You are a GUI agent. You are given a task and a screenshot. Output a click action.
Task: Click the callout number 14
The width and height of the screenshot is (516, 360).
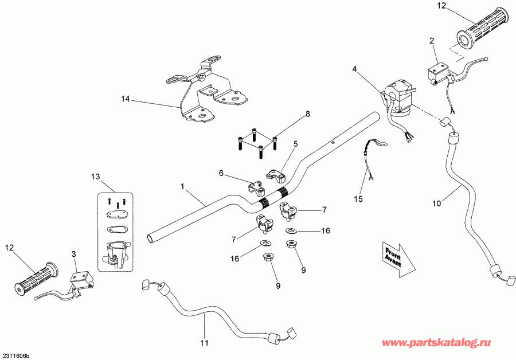click(x=126, y=99)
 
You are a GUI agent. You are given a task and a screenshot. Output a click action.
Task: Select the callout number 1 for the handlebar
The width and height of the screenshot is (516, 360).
click(x=183, y=186)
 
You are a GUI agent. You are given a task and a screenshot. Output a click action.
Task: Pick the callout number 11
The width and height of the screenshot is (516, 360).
click(x=221, y=173)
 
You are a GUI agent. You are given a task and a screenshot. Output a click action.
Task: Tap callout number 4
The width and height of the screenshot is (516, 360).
click(x=354, y=69)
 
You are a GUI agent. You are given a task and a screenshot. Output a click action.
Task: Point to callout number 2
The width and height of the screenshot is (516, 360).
click(x=431, y=41)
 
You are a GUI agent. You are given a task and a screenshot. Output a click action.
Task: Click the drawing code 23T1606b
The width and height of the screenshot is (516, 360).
click(x=16, y=355)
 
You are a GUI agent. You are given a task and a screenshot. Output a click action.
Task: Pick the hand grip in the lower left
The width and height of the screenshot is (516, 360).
click(x=36, y=280)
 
